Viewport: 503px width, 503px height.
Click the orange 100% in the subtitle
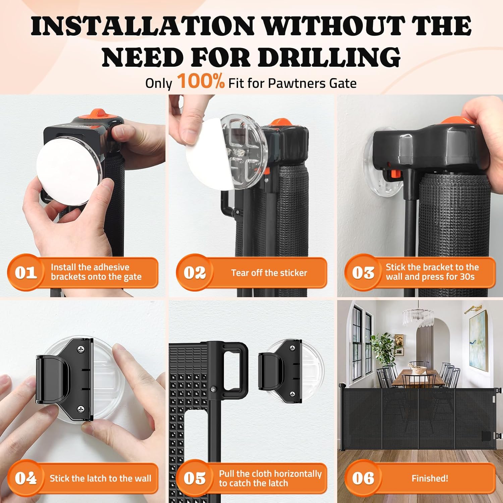(x=201, y=81)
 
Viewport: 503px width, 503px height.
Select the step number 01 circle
(x=26, y=272)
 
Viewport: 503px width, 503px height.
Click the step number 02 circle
(x=194, y=272)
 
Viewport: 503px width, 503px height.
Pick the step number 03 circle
(x=363, y=272)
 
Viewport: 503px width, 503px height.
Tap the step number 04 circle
(x=26, y=478)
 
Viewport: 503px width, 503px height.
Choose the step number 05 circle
(x=194, y=478)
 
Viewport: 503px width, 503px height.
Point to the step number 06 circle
(x=363, y=478)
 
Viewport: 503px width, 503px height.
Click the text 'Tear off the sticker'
(x=269, y=273)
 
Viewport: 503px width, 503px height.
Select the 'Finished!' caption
(x=430, y=478)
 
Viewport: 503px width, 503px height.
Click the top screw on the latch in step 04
(x=81, y=350)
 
